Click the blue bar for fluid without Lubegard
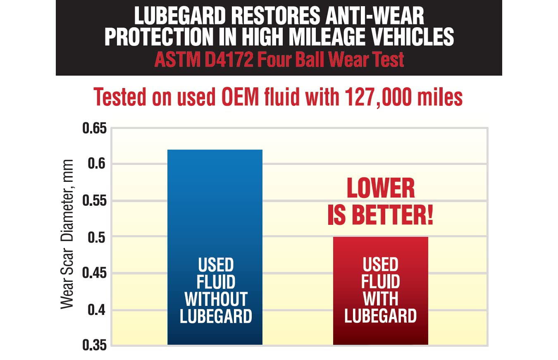pyautogui.click(x=215, y=207)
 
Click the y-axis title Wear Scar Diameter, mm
pyautogui.click(x=67, y=234)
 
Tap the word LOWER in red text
pyautogui.click(x=380, y=189)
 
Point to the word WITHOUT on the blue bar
pyautogui.click(x=215, y=299)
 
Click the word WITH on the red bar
pyautogui.click(x=380, y=299)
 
